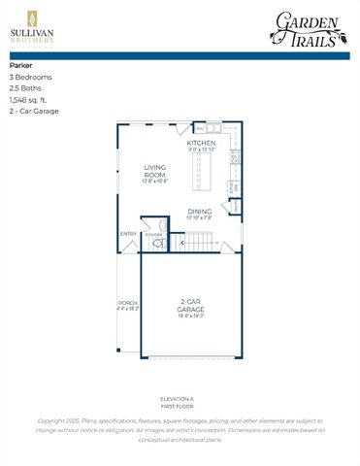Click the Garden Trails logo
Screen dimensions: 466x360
point(308,28)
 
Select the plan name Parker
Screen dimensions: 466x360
point(20,65)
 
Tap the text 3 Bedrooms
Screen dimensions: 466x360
point(30,77)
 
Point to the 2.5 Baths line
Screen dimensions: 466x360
point(26,88)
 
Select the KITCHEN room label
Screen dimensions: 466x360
point(202,143)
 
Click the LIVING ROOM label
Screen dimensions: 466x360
point(156,171)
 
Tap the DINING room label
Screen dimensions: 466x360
point(200,211)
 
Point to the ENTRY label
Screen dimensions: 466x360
point(128,233)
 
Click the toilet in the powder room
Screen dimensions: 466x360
point(153,243)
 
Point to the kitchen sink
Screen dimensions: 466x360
point(214,127)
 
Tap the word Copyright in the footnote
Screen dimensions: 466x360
point(54,419)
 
